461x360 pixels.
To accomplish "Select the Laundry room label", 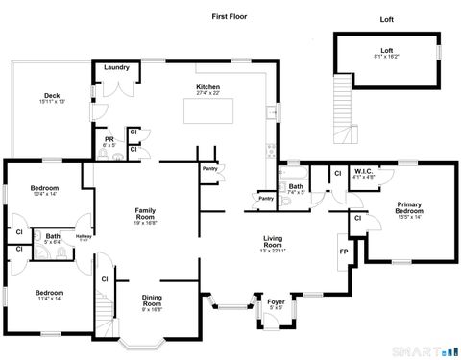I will coord(117,68).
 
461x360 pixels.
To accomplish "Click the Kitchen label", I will coord(208,89).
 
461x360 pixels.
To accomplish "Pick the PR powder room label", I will coord(109,142).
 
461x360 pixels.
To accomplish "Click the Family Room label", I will coord(146,214).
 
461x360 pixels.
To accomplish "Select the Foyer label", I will coord(276,302).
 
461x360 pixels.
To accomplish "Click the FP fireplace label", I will coord(344,252).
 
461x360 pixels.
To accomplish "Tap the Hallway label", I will coord(84,237).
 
